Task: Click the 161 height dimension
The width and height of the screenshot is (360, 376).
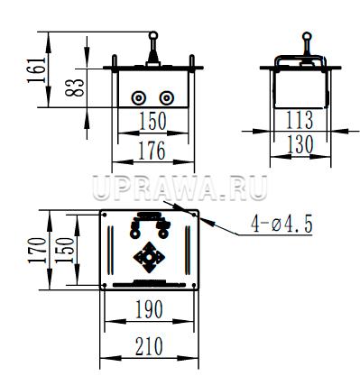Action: (36, 69)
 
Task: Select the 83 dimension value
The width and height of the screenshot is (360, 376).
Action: (75, 87)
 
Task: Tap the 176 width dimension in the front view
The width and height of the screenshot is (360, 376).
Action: (152, 151)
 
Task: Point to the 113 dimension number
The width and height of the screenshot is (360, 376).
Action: (300, 120)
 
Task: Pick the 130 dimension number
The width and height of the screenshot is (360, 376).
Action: (300, 145)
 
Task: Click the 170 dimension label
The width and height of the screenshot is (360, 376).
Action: (37, 251)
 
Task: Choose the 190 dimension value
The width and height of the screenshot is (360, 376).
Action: (150, 309)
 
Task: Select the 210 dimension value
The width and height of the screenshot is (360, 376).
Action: (149, 346)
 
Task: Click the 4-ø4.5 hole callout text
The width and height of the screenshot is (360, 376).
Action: (282, 224)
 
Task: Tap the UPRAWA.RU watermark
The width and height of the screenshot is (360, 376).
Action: (180, 188)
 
